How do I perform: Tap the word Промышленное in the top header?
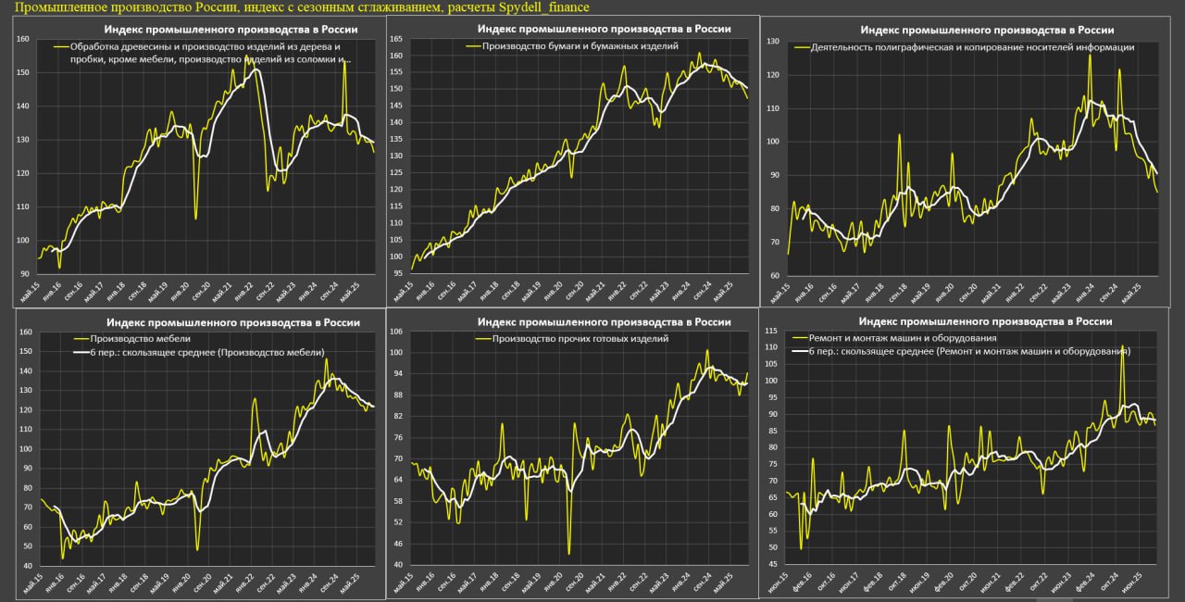tap(56, 7)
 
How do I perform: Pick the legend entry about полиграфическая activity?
tap(971, 46)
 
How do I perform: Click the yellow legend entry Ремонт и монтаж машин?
tap(903, 338)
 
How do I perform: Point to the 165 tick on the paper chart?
tap(395, 39)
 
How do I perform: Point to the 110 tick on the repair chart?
tap(770, 346)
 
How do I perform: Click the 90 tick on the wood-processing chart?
tap(24, 274)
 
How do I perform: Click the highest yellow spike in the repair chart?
tap(1122, 346)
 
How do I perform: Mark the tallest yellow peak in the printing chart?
tap(1090, 56)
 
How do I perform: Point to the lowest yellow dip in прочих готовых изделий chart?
tap(568, 553)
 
